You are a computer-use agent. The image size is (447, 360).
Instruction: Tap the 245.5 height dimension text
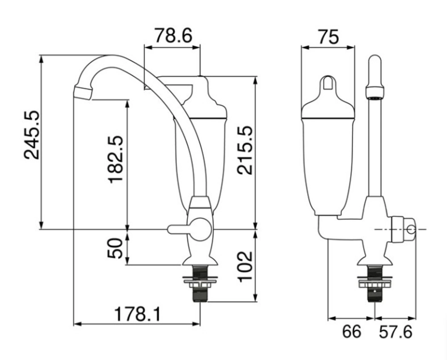31,134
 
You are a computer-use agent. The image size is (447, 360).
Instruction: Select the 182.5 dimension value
115,159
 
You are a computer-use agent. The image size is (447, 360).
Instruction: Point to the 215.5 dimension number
245,150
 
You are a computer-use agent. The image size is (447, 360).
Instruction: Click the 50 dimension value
115,248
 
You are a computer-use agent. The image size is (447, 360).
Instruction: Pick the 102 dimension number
245,266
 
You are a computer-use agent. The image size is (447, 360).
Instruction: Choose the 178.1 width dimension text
137,314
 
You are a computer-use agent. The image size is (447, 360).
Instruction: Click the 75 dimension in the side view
329,37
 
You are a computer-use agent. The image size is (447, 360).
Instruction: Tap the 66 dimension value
351,331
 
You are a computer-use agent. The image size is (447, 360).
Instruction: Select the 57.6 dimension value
396,332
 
